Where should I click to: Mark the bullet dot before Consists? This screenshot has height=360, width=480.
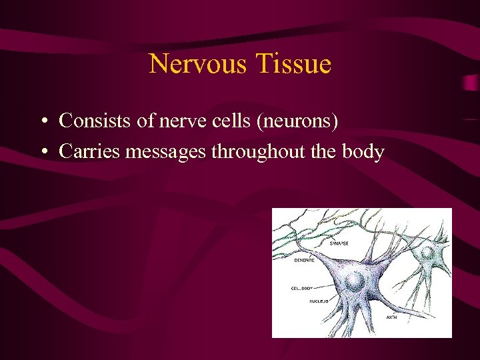click(42, 122)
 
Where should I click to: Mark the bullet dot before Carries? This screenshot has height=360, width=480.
click(42, 153)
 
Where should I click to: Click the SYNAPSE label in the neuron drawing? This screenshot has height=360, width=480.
click(339, 245)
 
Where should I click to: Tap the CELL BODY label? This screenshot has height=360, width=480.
click(302, 289)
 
